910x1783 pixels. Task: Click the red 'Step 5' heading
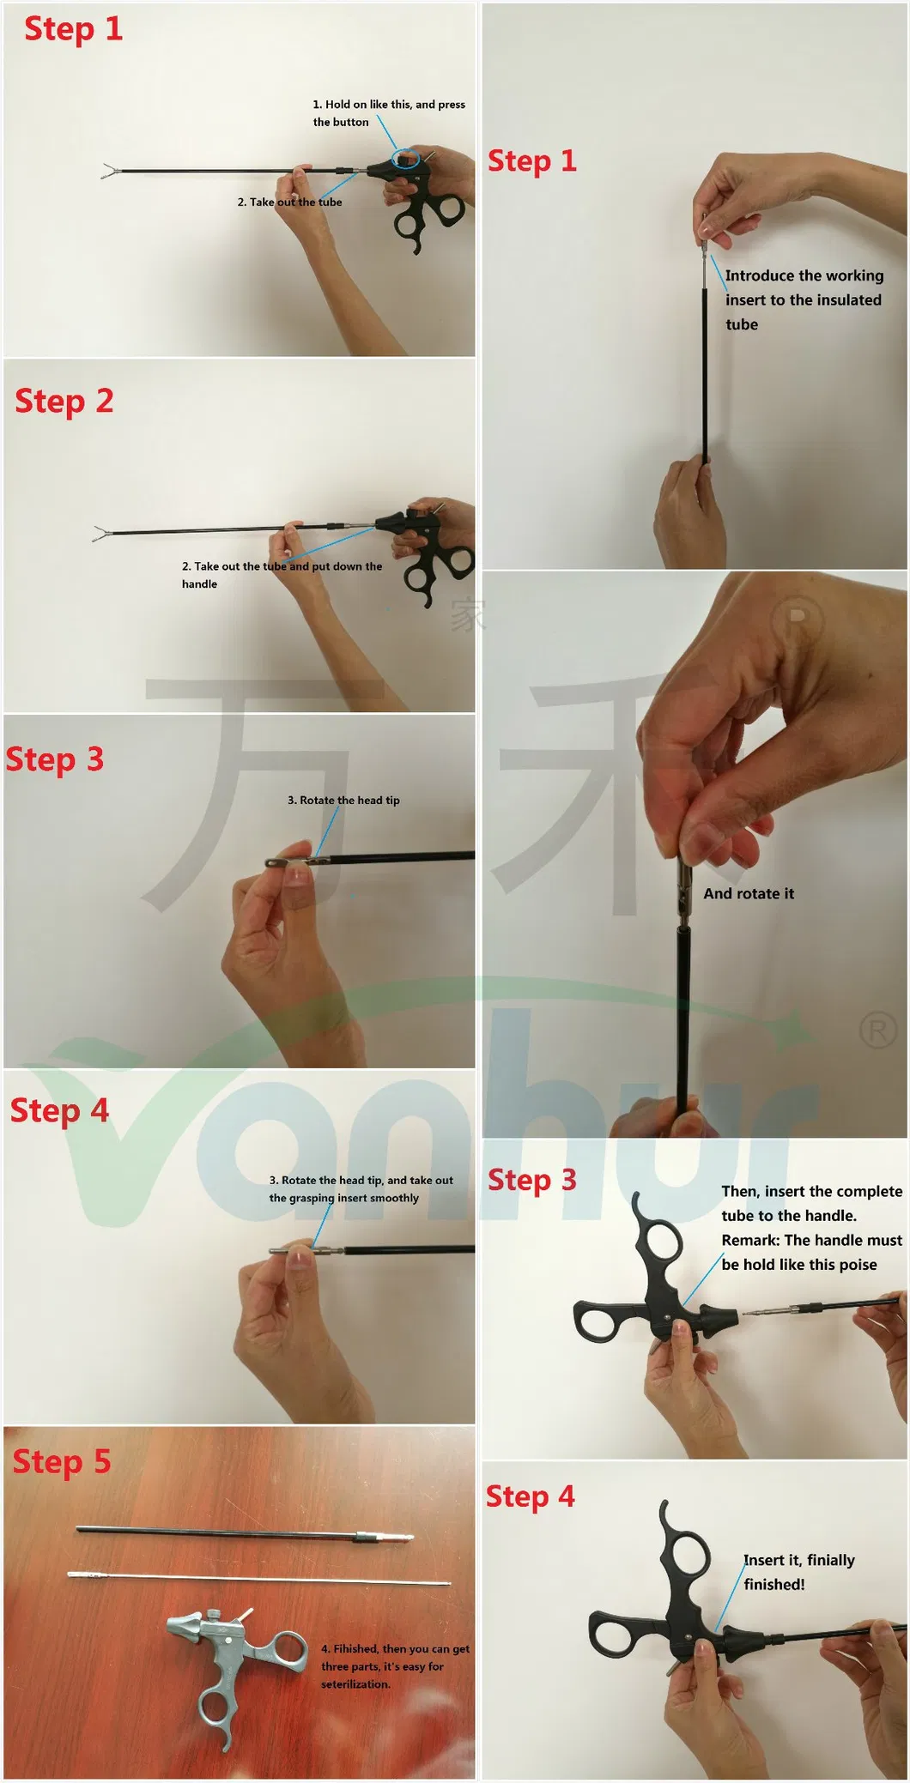62,1461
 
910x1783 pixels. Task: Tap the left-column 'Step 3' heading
55,759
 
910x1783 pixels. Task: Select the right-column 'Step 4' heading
530,1496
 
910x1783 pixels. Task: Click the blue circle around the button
406,158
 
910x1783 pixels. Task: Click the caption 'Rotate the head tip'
343,800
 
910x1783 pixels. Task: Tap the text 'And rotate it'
749,893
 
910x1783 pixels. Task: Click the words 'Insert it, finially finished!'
798,1571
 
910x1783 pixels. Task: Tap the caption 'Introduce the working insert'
803,287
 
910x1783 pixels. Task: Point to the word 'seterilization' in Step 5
355,1684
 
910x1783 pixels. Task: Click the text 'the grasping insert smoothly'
343,1198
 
